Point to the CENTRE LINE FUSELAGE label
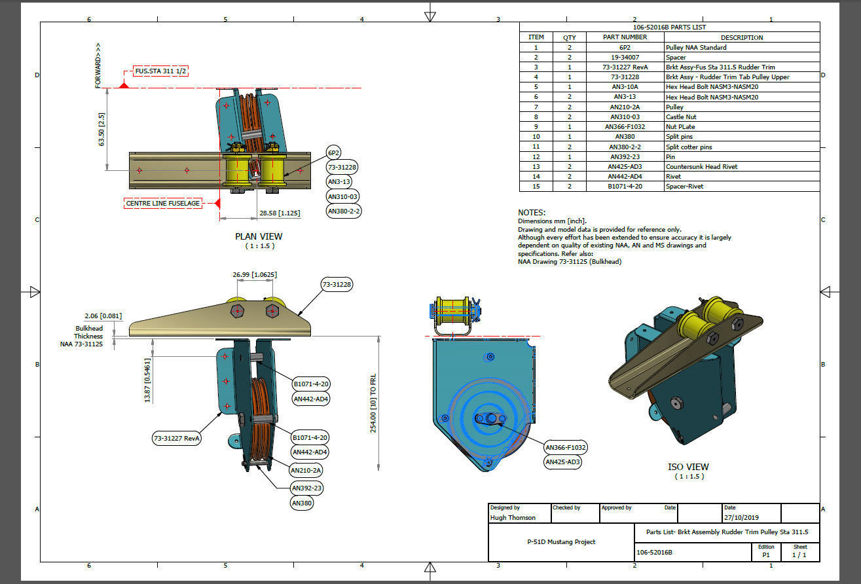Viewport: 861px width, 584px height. coord(163,204)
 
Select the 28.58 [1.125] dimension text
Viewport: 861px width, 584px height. coord(280,213)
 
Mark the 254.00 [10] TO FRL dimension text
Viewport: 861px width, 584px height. coord(373,403)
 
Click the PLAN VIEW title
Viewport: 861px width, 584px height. coord(259,236)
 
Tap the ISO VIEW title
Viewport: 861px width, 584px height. coord(688,467)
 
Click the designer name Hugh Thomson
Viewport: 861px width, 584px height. coord(513,518)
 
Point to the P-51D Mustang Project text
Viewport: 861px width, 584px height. coord(561,542)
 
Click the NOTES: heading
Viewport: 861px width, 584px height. coord(531,213)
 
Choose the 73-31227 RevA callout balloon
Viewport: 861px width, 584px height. coord(177,439)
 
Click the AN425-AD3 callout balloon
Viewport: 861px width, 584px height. coord(564,462)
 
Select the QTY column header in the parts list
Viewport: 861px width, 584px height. coord(570,37)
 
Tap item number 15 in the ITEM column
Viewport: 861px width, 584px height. coord(536,187)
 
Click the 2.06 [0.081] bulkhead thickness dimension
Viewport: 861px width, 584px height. coord(103,316)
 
